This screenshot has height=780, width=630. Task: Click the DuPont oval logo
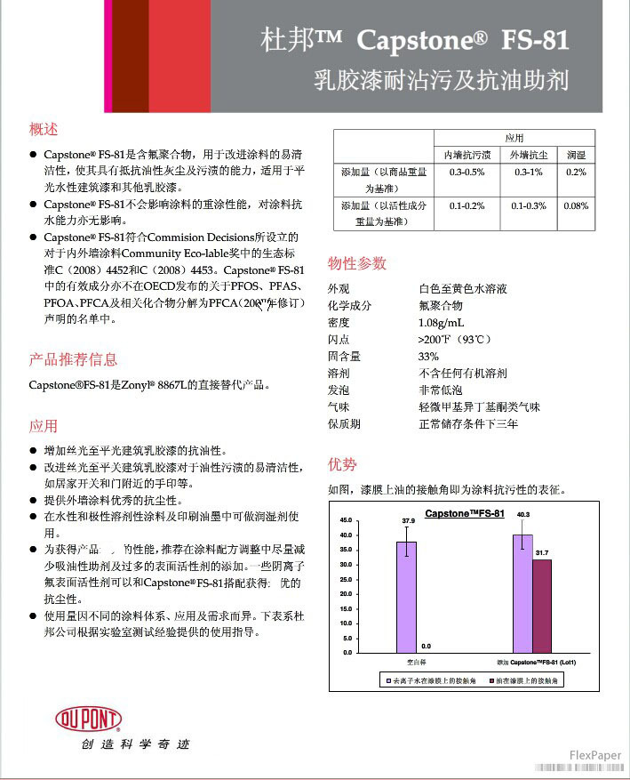click(88, 718)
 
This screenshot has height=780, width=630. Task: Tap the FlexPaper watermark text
click(594, 755)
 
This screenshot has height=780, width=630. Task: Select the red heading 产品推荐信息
click(73, 359)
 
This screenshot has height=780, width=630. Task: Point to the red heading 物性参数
click(357, 263)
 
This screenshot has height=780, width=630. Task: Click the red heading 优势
click(342, 464)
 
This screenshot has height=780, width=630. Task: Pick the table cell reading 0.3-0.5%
click(467, 172)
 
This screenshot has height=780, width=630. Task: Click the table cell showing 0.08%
click(576, 205)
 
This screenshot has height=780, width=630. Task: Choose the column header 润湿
click(576, 155)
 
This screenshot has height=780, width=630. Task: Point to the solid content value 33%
click(428, 356)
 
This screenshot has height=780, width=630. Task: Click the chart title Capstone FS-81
click(464, 514)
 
